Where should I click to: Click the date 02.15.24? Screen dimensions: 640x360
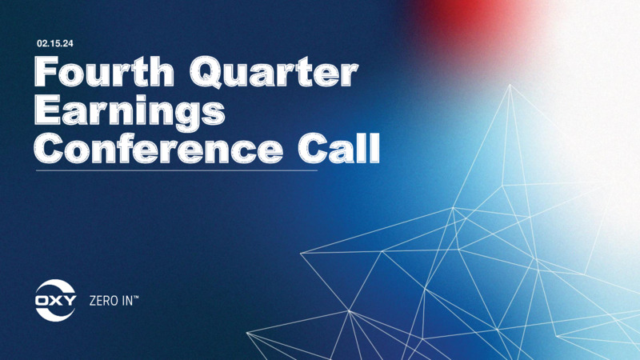[55, 44]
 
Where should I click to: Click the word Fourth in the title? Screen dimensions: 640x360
[105, 72]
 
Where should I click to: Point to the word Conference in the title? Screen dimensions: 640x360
[158, 149]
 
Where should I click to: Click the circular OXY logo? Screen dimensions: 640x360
[55, 301]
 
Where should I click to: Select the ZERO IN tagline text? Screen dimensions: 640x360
[114, 302]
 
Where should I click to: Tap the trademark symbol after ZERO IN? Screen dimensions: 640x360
[136, 298]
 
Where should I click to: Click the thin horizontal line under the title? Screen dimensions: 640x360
[177, 170]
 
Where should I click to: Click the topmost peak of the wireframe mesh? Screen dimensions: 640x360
[510, 85]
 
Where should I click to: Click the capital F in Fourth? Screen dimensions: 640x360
[46, 72]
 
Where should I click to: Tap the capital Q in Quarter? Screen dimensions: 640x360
[206, 74]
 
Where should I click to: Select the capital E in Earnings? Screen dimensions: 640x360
[46, 110]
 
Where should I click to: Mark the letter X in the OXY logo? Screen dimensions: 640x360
[55, 301]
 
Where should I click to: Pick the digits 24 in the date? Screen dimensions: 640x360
[68, 44]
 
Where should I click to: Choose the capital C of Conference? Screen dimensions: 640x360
[49, 149]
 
